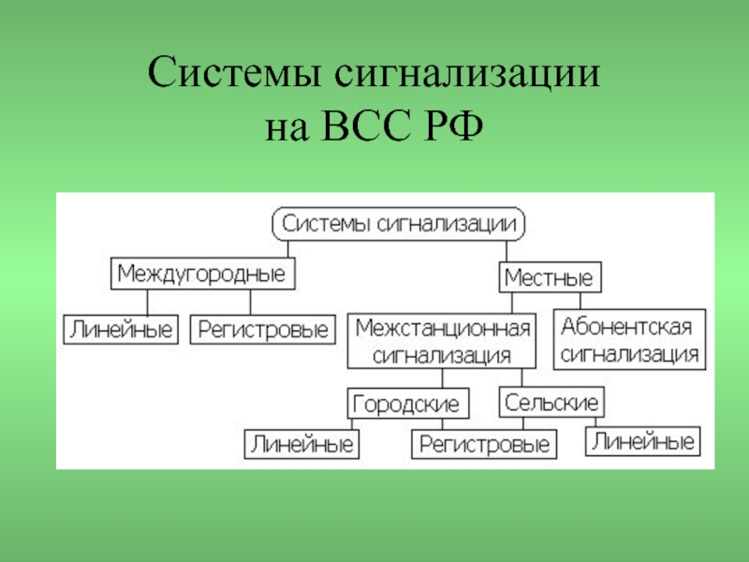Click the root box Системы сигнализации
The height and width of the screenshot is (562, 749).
pyautogui.click(x=399, y=225)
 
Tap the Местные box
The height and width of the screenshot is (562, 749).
pyautogui.click(x=550, y=278)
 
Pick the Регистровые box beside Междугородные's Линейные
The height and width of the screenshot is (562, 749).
pyautogui.click(x=263, y=330)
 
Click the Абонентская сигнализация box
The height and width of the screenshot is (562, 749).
pyautogui.click(x=629, y=340)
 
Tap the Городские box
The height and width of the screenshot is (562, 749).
pyautogui.click(x=404, y=405)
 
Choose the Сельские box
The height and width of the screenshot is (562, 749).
pyautogui.click(x=551, y=403)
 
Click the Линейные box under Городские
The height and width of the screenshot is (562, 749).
pyautogui.click(x=301, y=444)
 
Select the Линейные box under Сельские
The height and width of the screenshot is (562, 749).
pyautogui.click(x=643, y=441)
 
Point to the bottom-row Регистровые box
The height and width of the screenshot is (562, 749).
pyautogui.click(x=483, y=444)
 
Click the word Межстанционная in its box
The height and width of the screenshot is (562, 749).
pyautogui.click(x=443, y=329)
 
